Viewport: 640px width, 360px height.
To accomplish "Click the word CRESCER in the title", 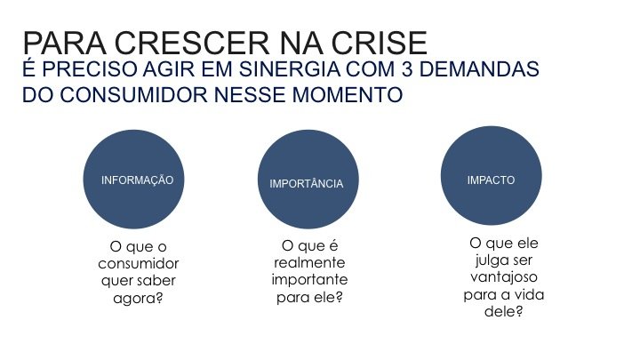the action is pos(191,43).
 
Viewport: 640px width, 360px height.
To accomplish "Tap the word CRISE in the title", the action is pos(380,43).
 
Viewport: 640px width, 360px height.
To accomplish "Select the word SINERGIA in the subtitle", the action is pos(290,69).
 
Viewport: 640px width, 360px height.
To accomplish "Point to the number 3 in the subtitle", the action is pos(407,69).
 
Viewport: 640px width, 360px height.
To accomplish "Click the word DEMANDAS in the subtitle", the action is pos(479,69).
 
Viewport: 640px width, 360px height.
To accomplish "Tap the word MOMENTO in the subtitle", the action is pos(348,95).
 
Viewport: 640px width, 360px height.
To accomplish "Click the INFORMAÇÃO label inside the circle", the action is pos(137,180).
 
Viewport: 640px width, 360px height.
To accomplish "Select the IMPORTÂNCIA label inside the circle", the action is pos(306,184).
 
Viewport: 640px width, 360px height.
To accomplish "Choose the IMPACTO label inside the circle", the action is pos(491,180).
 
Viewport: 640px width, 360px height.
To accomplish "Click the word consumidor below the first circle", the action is pos(139,264).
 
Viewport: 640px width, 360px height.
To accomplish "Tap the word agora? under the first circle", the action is pos(138,299).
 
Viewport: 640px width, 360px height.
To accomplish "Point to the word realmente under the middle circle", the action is pos(309,262).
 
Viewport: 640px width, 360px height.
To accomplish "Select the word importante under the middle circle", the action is pos(309,280).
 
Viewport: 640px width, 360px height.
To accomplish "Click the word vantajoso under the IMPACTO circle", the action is pos(504,277).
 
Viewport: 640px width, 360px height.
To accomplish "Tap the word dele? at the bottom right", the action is pos(504,311).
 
